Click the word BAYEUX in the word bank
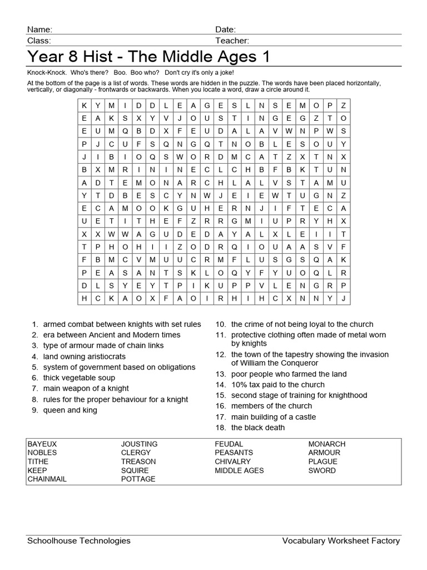pyautogui.click(x=42, y=444)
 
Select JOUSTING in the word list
pyautogui.click(x=139, y=444)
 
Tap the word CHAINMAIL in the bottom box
pyautogui.click(x=47, y=479)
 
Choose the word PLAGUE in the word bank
pyautogui.click(x=322, y=461)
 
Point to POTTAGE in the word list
pyautogui.click(x=138, y=479)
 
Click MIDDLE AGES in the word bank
pyautogui.click(x=239, y=470)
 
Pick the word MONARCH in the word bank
pyautogui.click(x=327, y=444)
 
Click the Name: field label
pyautogui.click(x=39, y=30)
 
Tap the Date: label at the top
pyautogui.click(x=225, y=30)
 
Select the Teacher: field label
pyautogui.click(x=232, y=41)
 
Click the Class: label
pyautogui.click(x=39, y=41)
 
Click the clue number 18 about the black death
pyautogui.click(x=258, y=427)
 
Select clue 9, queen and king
pyautogui.click(x=70, y=410)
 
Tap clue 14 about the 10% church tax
pyautogui.click(x=277, y=385)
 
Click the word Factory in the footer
pyautogui.click(x=386, y=540)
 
